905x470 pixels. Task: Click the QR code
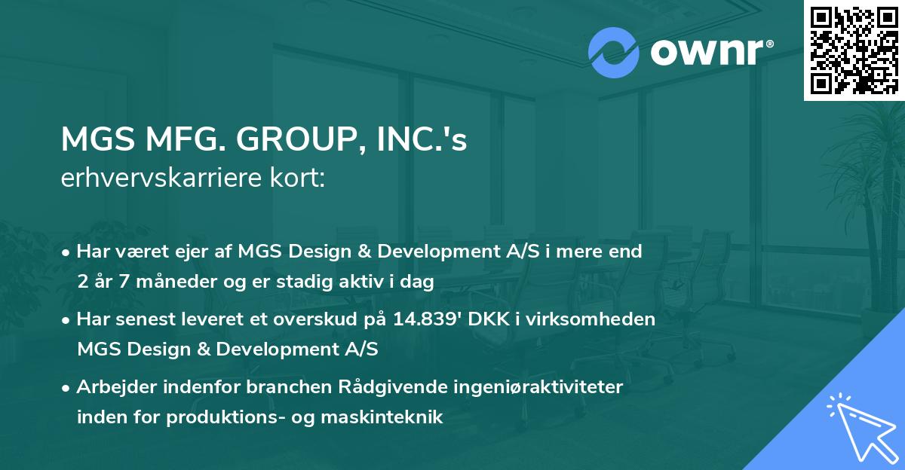point(854,50)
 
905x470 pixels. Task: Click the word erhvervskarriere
point(162,179)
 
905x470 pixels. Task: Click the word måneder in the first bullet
point(173,282)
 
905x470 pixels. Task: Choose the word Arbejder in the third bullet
point(110,387)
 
